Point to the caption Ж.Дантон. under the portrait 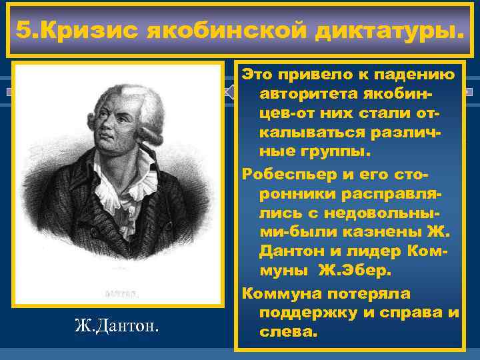pyautogui.click(x=117, y=326)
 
